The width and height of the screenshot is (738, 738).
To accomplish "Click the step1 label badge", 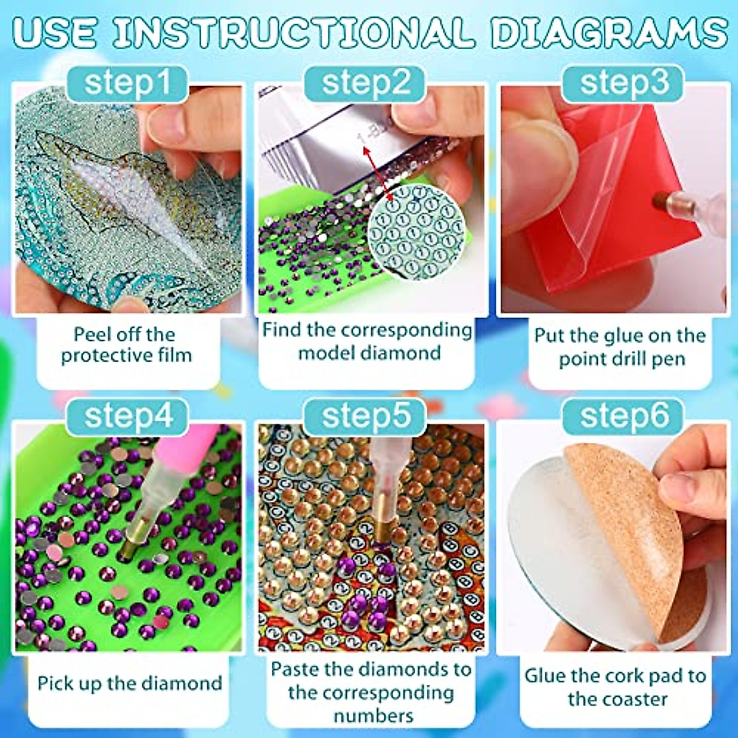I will (127, 83).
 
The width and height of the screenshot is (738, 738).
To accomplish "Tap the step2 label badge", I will (365, 83).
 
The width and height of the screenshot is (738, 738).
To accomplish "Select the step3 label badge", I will (623, 83).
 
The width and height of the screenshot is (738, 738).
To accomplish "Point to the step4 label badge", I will (127, 416).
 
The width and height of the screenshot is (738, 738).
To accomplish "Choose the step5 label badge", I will (365, 416).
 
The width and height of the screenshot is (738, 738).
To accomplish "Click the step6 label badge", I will (623, 416).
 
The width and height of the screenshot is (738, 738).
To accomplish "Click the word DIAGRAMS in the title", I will (609, 32).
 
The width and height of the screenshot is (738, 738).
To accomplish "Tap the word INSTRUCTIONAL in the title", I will (294, 32).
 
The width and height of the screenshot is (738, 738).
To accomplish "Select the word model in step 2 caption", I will (326, 353).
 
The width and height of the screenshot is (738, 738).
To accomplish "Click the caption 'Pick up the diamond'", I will (129, 683).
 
